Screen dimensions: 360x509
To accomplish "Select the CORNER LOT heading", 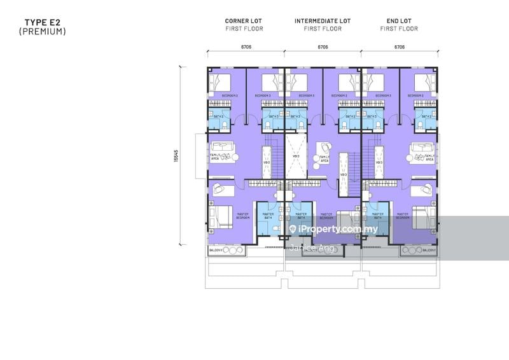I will point(244,21).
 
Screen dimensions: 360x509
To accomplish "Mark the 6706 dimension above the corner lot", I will point(246,46).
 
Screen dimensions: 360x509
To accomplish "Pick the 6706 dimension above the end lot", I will point(400,46).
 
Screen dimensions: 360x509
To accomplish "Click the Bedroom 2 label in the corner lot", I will point(230,95).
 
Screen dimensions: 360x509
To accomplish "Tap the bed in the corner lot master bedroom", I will point(219,216).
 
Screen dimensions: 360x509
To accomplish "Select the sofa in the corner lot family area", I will point(223,150).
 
